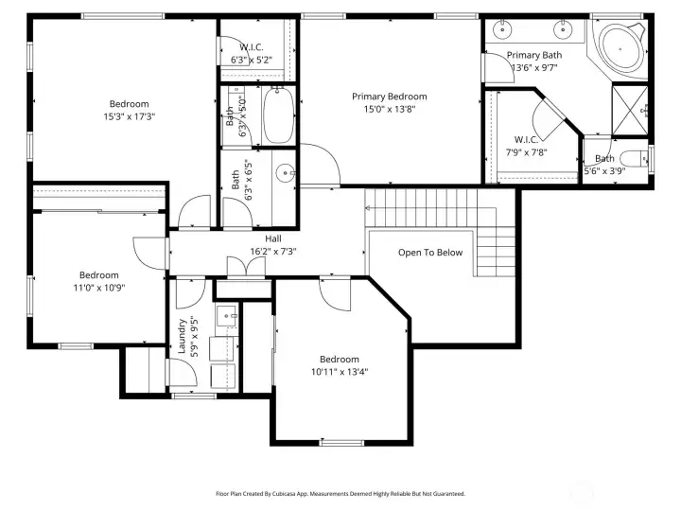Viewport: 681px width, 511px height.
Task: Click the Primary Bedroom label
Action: [x=389, y=97]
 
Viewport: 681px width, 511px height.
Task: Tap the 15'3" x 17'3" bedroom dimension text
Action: [x=129, y=116]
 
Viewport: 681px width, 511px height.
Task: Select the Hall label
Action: [x=273, y=238]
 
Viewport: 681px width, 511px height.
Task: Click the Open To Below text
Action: [x=430, y=253]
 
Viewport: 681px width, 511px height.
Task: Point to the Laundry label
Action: [x=182, y=337]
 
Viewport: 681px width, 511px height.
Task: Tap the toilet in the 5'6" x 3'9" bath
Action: [x=634, y=159]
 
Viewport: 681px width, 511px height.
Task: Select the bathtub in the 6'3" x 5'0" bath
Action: [x=278, y=115]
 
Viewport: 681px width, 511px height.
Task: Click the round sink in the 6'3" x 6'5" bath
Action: [x=285, y=174]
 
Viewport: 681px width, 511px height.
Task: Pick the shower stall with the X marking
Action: [x=630, y=111]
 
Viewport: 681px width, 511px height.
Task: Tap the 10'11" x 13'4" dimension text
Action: [x=340, y=372]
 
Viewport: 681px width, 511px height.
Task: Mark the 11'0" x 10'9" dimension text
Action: [x=99, y=288]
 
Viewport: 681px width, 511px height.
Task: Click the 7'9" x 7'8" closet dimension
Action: [x=526, y=152]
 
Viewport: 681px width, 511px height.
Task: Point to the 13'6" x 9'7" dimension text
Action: [x=534, y=68]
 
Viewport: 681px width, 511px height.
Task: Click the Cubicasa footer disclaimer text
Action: [x=340, y=494]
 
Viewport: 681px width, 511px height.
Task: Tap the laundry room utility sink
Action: [x=227, y=314]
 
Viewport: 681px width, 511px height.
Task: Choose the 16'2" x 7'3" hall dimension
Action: [x=273, y=251]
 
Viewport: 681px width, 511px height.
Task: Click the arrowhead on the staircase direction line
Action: [x=367, y=208]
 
